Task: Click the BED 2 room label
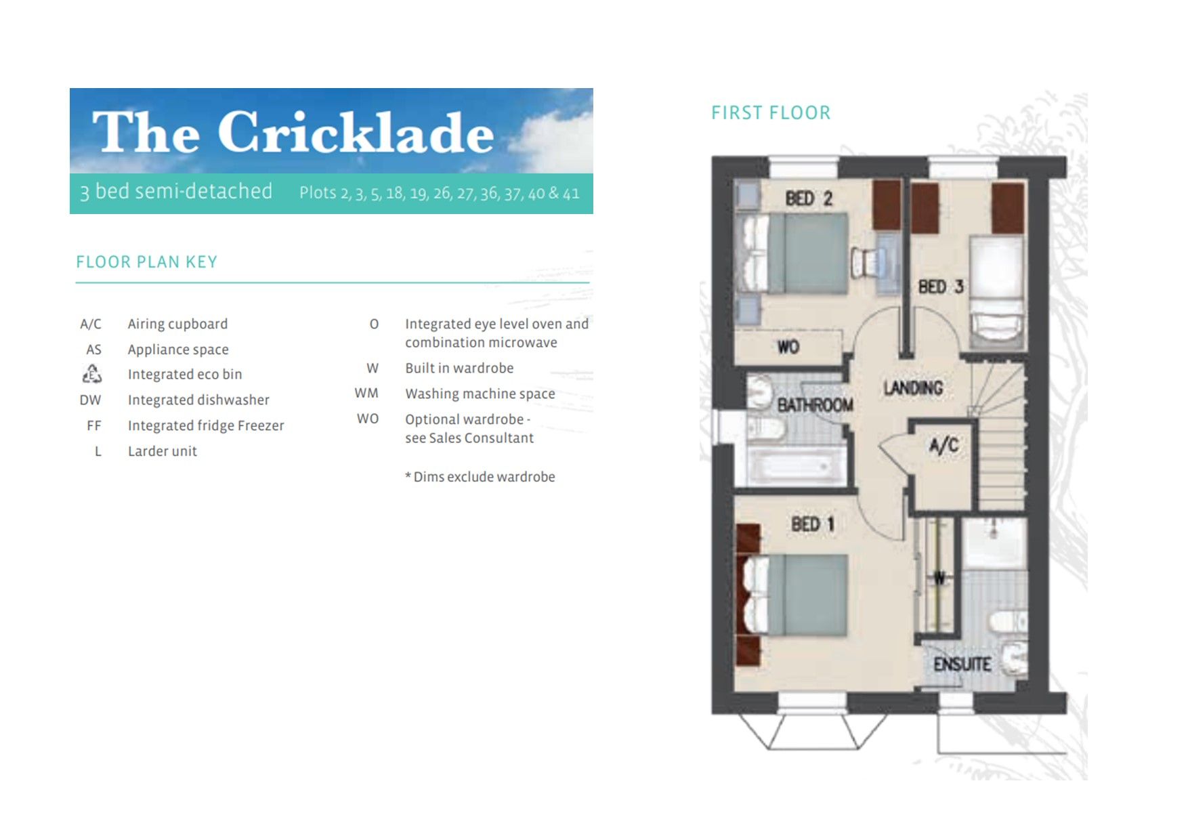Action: (x=808, y=198)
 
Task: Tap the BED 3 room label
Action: (x=940, y=287)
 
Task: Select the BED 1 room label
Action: (x=812, y=524)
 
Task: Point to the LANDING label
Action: (x=913, y=388)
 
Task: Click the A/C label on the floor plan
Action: (x=943, y=445)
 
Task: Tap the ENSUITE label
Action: (x=962, y=664)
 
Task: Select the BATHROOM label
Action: (x=815, y=405)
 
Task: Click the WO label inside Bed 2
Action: (x=788, y=347)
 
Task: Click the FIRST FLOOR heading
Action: (x=770, y=112)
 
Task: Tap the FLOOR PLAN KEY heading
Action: (x=146, y=262)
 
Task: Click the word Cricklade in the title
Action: (x=355, y=132)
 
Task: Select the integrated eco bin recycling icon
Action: (x=91, y=374)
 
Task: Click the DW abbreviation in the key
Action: (x=90, y=400)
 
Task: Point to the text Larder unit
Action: (x=162, y=451)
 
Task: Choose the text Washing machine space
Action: (x=480, y=394)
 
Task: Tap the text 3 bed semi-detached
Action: (x=176, y=192)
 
